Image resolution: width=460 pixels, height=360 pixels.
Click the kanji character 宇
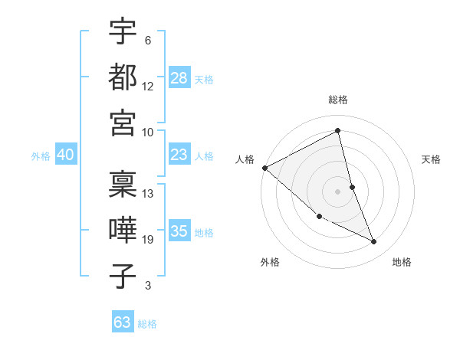pyautogui.click(x=123, y=31)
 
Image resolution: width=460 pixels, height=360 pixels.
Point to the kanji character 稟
pyautogui.click(x=123, y=185)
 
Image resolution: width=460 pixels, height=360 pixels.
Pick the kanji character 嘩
pyautogui.click(x=123, y=231)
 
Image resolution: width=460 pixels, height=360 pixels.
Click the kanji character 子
pyautogui.click(x=123, y=277)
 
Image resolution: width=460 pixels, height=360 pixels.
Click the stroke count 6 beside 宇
pyautogui.click(x=147, y=40)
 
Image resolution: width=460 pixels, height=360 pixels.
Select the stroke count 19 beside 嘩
pyautogui.click(x=148, y=240)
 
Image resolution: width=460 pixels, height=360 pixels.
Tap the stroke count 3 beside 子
pyautogui.click(x=147, y=286)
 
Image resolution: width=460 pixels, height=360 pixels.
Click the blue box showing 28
pyautogui.click(x=179, y=78)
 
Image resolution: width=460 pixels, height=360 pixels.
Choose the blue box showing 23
pyautogui.click(x=179, y=155)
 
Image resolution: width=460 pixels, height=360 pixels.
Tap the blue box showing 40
pyautogui.click(x=65, y=155)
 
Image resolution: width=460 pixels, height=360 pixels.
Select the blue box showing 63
pyautogui.click(x=122, y=322)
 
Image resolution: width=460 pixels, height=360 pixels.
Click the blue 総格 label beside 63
pyautogui.click(x=147, y=324)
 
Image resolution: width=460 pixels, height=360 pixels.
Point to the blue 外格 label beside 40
pyautogui.click(x=41, y=156)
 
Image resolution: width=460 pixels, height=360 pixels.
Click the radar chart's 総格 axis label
pyautogui.click(x=338, y=100)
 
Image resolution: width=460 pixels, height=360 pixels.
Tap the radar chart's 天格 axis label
pyautogui.click(x=431, y=159)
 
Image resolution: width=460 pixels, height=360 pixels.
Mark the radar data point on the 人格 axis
pyautogui.click(x=264, y=168)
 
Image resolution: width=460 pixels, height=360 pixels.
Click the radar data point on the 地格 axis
pyautogui.click(x=374, y=242)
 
